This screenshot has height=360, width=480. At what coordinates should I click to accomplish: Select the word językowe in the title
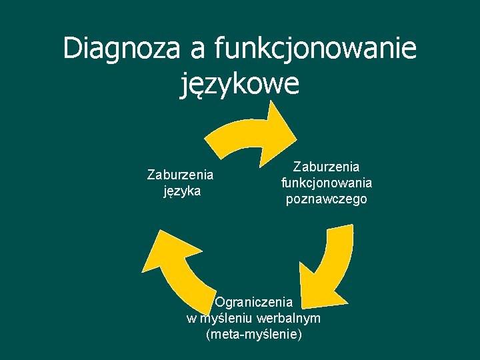tap(239, 85)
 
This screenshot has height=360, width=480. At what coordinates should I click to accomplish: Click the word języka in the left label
tap(181, 191)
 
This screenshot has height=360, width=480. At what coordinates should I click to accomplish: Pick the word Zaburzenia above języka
tap(181, 175)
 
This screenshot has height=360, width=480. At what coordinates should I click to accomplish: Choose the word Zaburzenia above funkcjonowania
tap(327, 167)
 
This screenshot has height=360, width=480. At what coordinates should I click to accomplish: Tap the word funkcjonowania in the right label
tap(327, 183)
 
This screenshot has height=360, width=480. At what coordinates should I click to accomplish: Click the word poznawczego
tap(327, 199)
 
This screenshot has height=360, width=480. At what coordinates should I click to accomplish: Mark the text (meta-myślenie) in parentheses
tap(254, 333)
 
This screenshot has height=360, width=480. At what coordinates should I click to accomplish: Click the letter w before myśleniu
tap(191, 317)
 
